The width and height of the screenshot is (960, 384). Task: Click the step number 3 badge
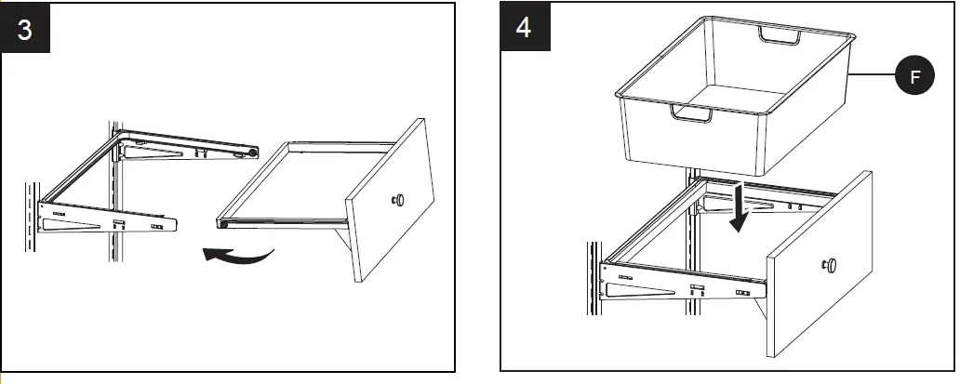[26, 29]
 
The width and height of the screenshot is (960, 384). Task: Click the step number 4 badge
[525, 29]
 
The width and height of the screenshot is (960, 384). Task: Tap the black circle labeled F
[914, 79]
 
